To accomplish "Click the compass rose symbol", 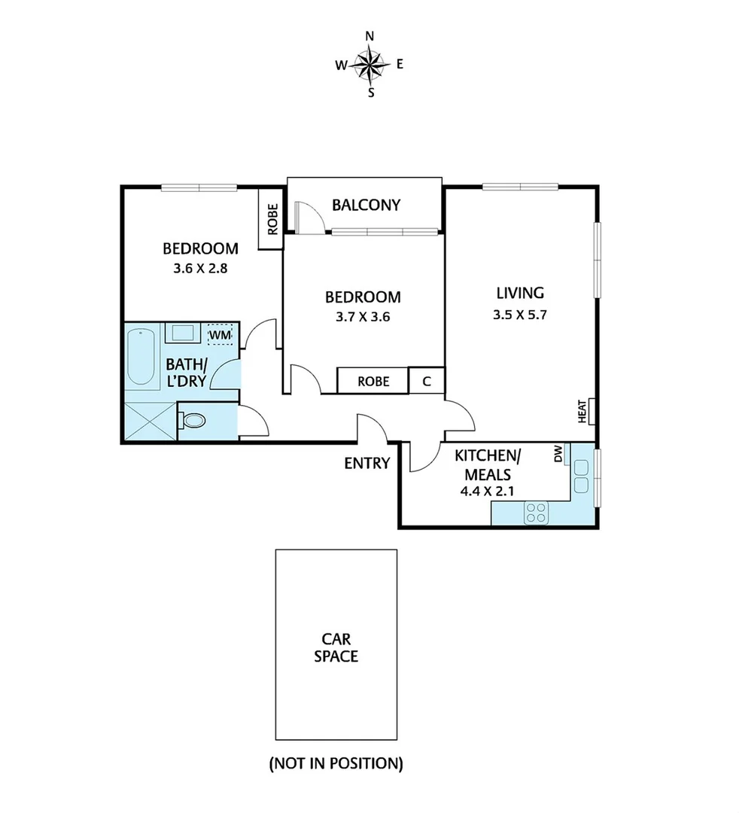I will coord(369,64).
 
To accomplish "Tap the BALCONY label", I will coord(366,205).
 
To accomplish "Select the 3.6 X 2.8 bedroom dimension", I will coord(200,266).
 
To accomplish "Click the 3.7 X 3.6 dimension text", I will coord(363,316).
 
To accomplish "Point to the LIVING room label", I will coord(519,293).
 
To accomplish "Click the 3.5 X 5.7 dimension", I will coord(519,315).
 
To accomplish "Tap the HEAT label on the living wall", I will coord(582,411).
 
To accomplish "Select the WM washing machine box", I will coord(220,333).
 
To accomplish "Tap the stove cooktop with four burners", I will coord(537,513).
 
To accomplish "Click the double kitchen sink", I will coord(581,477).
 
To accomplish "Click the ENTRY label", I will coord(366,463).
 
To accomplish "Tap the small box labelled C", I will coord(427,381).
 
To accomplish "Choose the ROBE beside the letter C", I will coord(373,381).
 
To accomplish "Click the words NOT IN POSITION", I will coord(336,764).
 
